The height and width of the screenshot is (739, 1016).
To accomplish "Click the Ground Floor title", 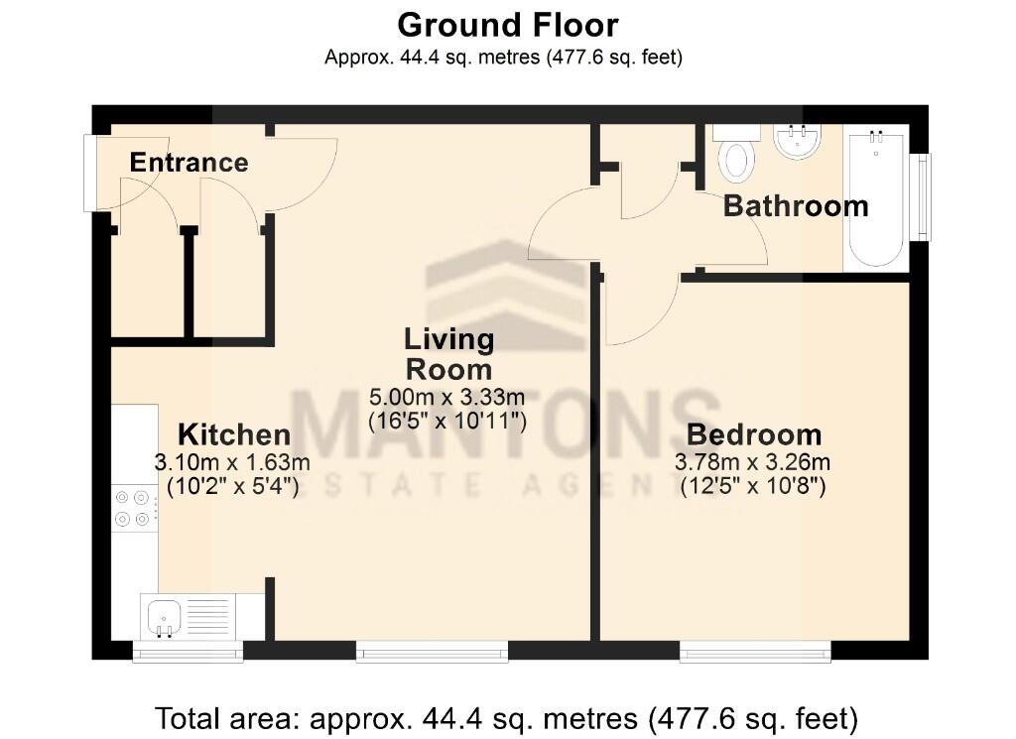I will pyautogui.click(x=508, y=24).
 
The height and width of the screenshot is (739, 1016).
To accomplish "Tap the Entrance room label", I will pyautogui.click(x=189, y=163).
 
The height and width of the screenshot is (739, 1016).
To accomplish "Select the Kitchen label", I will pyautogui.click(x=234, y=434).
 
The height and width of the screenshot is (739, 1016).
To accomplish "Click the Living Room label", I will pyautogui.click(x=448, y=354).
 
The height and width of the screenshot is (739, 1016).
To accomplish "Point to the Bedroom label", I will pyautogui.click(x=754, y=434).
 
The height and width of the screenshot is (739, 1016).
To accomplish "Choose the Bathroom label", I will pyautogui.click(x=796, y=206).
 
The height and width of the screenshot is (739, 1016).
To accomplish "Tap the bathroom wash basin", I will pyautogui.click(x=798, y=142).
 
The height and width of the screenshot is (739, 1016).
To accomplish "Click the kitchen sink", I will pyautogui.click(x=161, y=616).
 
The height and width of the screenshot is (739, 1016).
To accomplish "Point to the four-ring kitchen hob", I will pyautogui.click(x=135, y=507).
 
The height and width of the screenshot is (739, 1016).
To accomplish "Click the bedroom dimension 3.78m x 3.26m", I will pyautogui.click(x=753, y=462).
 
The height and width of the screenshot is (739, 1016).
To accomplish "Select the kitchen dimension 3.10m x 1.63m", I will pyautogui.click(x=232, y=462).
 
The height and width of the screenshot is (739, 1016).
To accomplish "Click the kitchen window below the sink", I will pyautogui.click(x=188, y=652).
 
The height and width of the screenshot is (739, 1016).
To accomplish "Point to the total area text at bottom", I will pyautogui.click(x=507, y=716).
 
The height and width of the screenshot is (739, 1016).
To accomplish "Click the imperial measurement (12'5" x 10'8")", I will pyautogui.click(x=753, y=487).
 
